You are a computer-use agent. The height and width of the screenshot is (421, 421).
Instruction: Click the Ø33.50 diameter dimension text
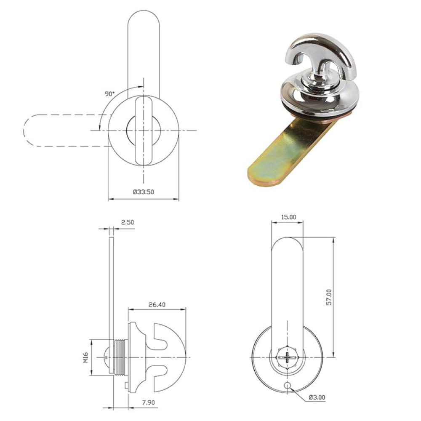[144, 192]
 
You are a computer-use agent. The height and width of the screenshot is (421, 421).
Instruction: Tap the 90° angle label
[109, 94]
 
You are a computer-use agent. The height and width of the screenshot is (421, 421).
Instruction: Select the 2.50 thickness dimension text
[127, 222]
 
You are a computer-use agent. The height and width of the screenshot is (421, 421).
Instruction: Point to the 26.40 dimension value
[157, 305]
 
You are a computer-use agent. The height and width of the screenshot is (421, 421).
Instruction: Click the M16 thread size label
[85, 357]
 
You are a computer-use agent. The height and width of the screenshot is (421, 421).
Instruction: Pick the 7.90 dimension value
[149, 402]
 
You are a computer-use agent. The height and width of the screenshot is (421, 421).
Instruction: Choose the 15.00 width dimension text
[289, 217]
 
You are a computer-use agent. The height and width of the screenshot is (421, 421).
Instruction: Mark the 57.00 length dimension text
[329, 297]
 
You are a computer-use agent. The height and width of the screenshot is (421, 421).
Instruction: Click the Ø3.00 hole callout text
[317, 397]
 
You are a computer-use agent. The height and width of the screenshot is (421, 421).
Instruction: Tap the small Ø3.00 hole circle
[287, 386]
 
